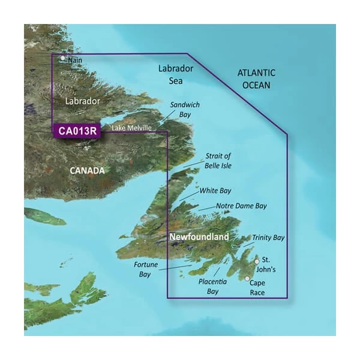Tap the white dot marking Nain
(63, 58)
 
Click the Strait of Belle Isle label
(219, 161)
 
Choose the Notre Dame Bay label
(242, 206)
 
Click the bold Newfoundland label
(198, 237)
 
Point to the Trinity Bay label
(269, 237)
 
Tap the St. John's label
(271, 264)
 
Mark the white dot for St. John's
(256, 260)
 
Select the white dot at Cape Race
(247, 278)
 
